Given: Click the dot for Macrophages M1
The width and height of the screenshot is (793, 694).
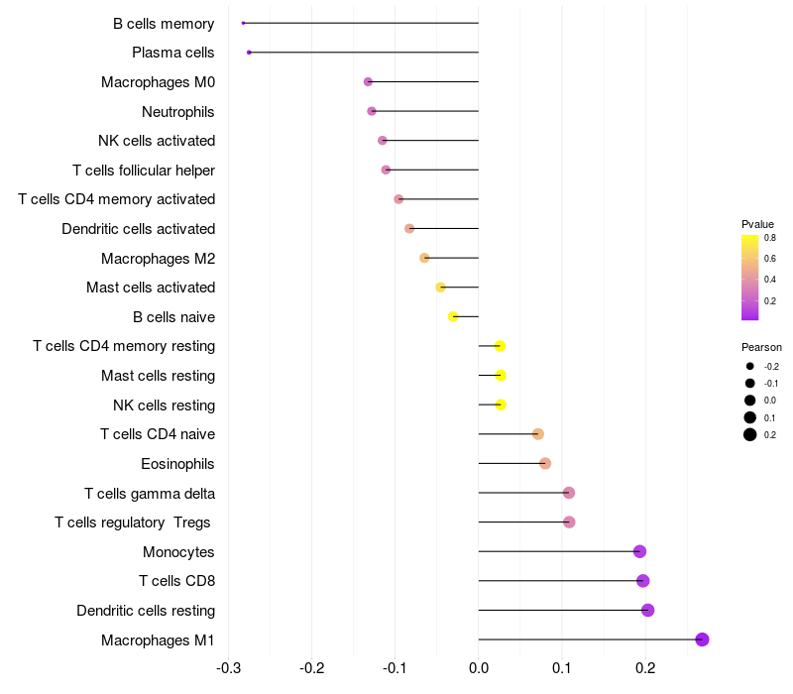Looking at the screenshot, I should (702, 639).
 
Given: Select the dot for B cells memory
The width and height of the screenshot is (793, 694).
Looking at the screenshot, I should (243, 23).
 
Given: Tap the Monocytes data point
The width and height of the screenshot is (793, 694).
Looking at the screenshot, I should (639, 551).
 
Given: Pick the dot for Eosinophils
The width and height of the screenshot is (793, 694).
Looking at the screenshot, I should (545, 463).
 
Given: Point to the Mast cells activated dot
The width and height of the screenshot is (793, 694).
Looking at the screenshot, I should (441, 288).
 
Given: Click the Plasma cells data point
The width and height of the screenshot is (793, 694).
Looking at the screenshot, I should (249, 52).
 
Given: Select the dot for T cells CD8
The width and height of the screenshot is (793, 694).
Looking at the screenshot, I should (642, 581).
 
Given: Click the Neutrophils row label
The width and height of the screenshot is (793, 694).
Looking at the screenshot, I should (178, 111).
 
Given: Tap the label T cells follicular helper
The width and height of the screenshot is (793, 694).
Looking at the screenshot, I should (144, 171).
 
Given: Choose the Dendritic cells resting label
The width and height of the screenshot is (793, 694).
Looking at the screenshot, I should (146, 611).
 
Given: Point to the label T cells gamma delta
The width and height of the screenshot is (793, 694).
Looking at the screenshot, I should (150, 493).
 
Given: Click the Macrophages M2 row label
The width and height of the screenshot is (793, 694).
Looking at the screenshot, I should (158, 259).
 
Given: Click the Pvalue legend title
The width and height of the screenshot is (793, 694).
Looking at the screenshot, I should (757, 224).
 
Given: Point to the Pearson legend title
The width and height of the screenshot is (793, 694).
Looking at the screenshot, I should (761, 347).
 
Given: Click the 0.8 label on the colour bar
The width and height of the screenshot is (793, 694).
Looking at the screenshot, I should (770, 238).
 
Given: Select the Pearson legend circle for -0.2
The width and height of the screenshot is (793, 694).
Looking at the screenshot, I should (750, 367).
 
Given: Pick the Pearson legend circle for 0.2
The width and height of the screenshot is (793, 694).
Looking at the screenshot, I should (750, 434).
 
